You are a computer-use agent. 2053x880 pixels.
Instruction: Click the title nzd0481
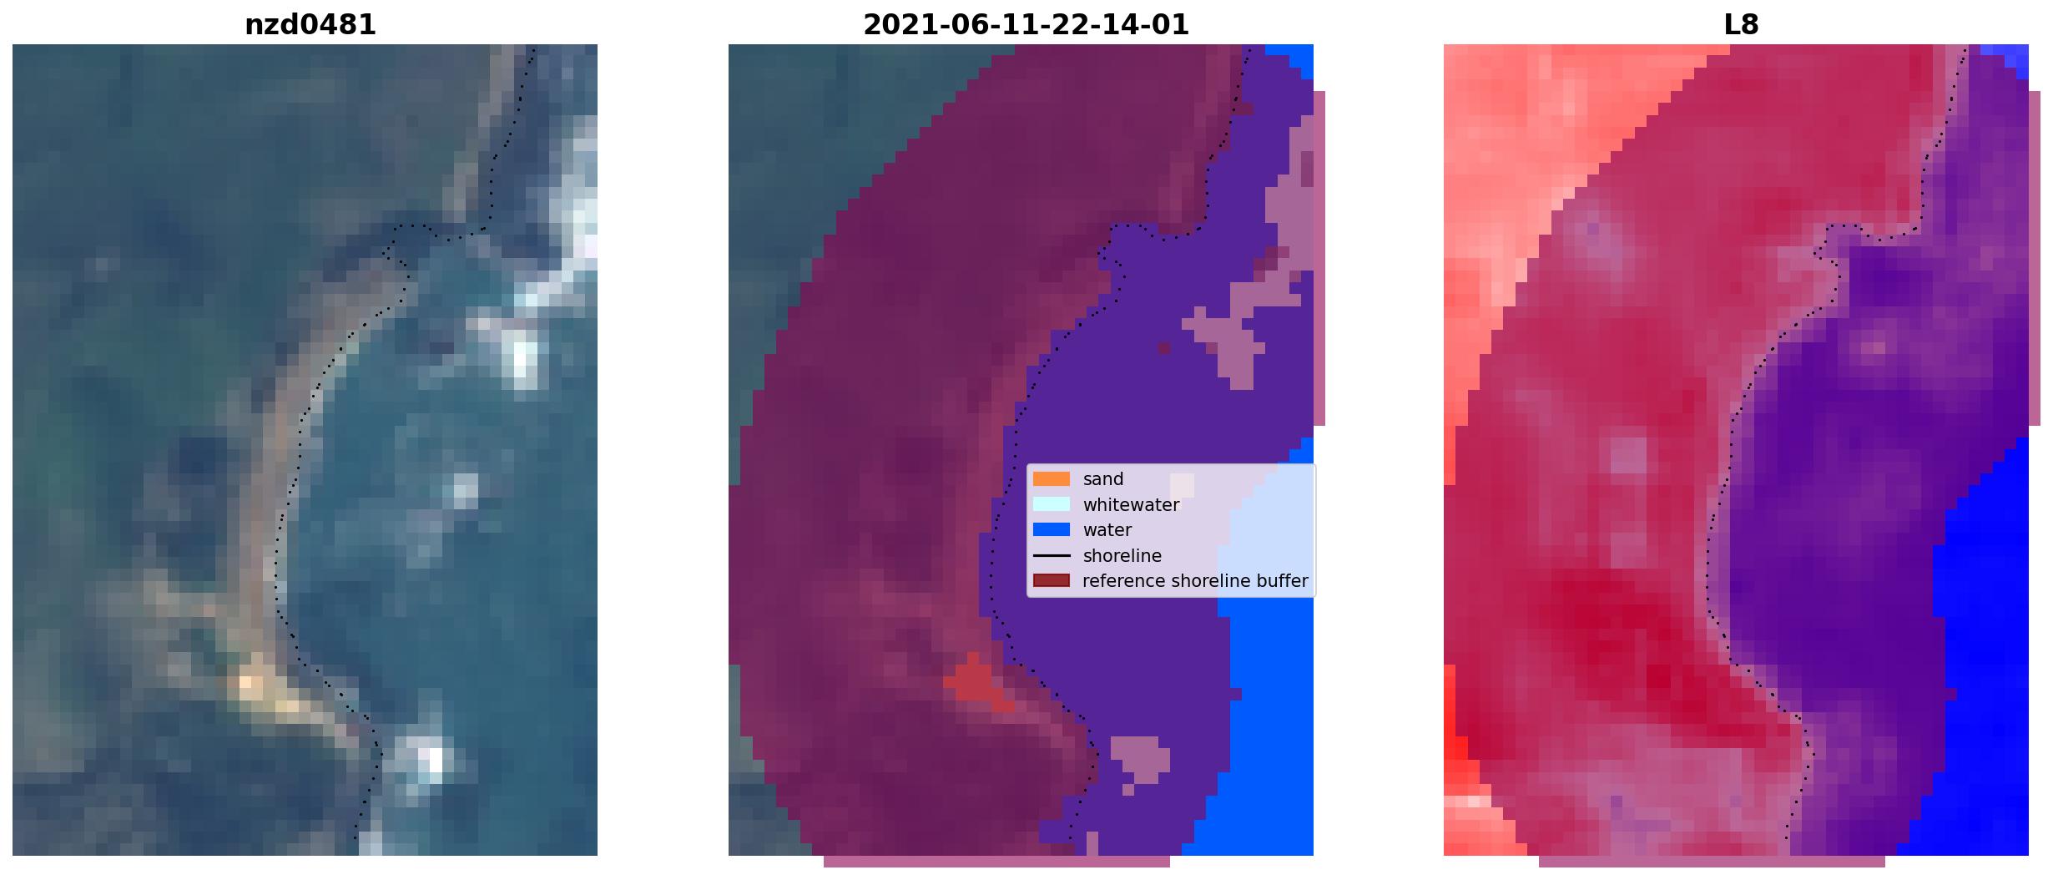coord(310,25)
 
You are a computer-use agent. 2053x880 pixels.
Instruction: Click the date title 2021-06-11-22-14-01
coord(1026,25)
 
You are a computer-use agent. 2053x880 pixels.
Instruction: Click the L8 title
coord(1741,25)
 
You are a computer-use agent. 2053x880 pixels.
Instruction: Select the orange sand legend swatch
coord(1051,479)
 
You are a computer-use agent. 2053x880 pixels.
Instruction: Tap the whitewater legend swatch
coord(1051,504)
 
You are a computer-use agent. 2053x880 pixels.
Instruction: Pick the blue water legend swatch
coord(1051,529)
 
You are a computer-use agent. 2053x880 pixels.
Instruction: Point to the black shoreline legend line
coord(1051,555)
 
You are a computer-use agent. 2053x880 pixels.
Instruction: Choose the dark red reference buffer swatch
coord(1051,580)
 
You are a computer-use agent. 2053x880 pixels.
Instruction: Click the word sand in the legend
coord(1103,479)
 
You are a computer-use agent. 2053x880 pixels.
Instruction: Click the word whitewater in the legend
coord(1131,505)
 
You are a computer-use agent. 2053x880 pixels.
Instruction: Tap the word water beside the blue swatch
coord(1107,530)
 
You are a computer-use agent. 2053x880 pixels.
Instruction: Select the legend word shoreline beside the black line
coord(1122,556)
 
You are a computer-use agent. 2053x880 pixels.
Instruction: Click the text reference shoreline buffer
coord(1195,581)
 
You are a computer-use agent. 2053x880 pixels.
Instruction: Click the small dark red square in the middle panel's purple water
coord(1163,348)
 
